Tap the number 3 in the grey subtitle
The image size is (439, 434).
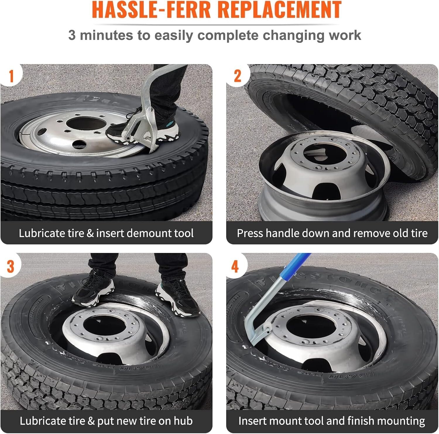pos(72,35)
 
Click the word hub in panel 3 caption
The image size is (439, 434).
pos(183,421)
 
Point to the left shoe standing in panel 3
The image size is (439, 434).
pos(93,289)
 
